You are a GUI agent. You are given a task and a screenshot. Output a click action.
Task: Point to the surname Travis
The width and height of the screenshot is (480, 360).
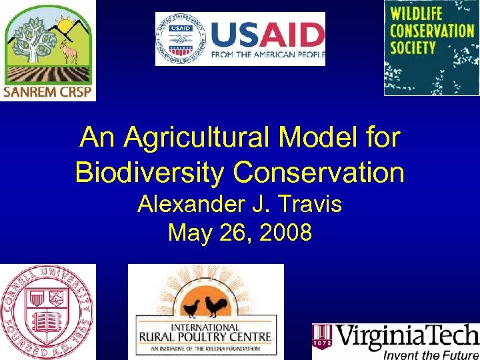310,204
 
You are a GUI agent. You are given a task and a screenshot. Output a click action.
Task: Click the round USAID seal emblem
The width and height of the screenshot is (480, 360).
181,39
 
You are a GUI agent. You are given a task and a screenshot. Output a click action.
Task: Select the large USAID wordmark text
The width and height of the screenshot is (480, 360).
267,34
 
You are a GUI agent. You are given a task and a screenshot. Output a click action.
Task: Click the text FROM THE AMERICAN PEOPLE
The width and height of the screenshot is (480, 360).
267,55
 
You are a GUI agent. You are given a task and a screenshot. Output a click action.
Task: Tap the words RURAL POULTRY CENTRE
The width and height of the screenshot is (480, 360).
205,337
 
